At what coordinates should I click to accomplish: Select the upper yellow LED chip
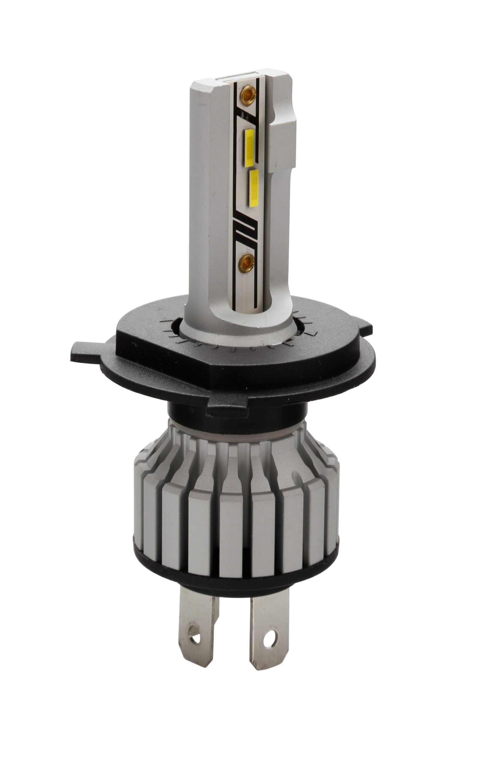249,148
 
